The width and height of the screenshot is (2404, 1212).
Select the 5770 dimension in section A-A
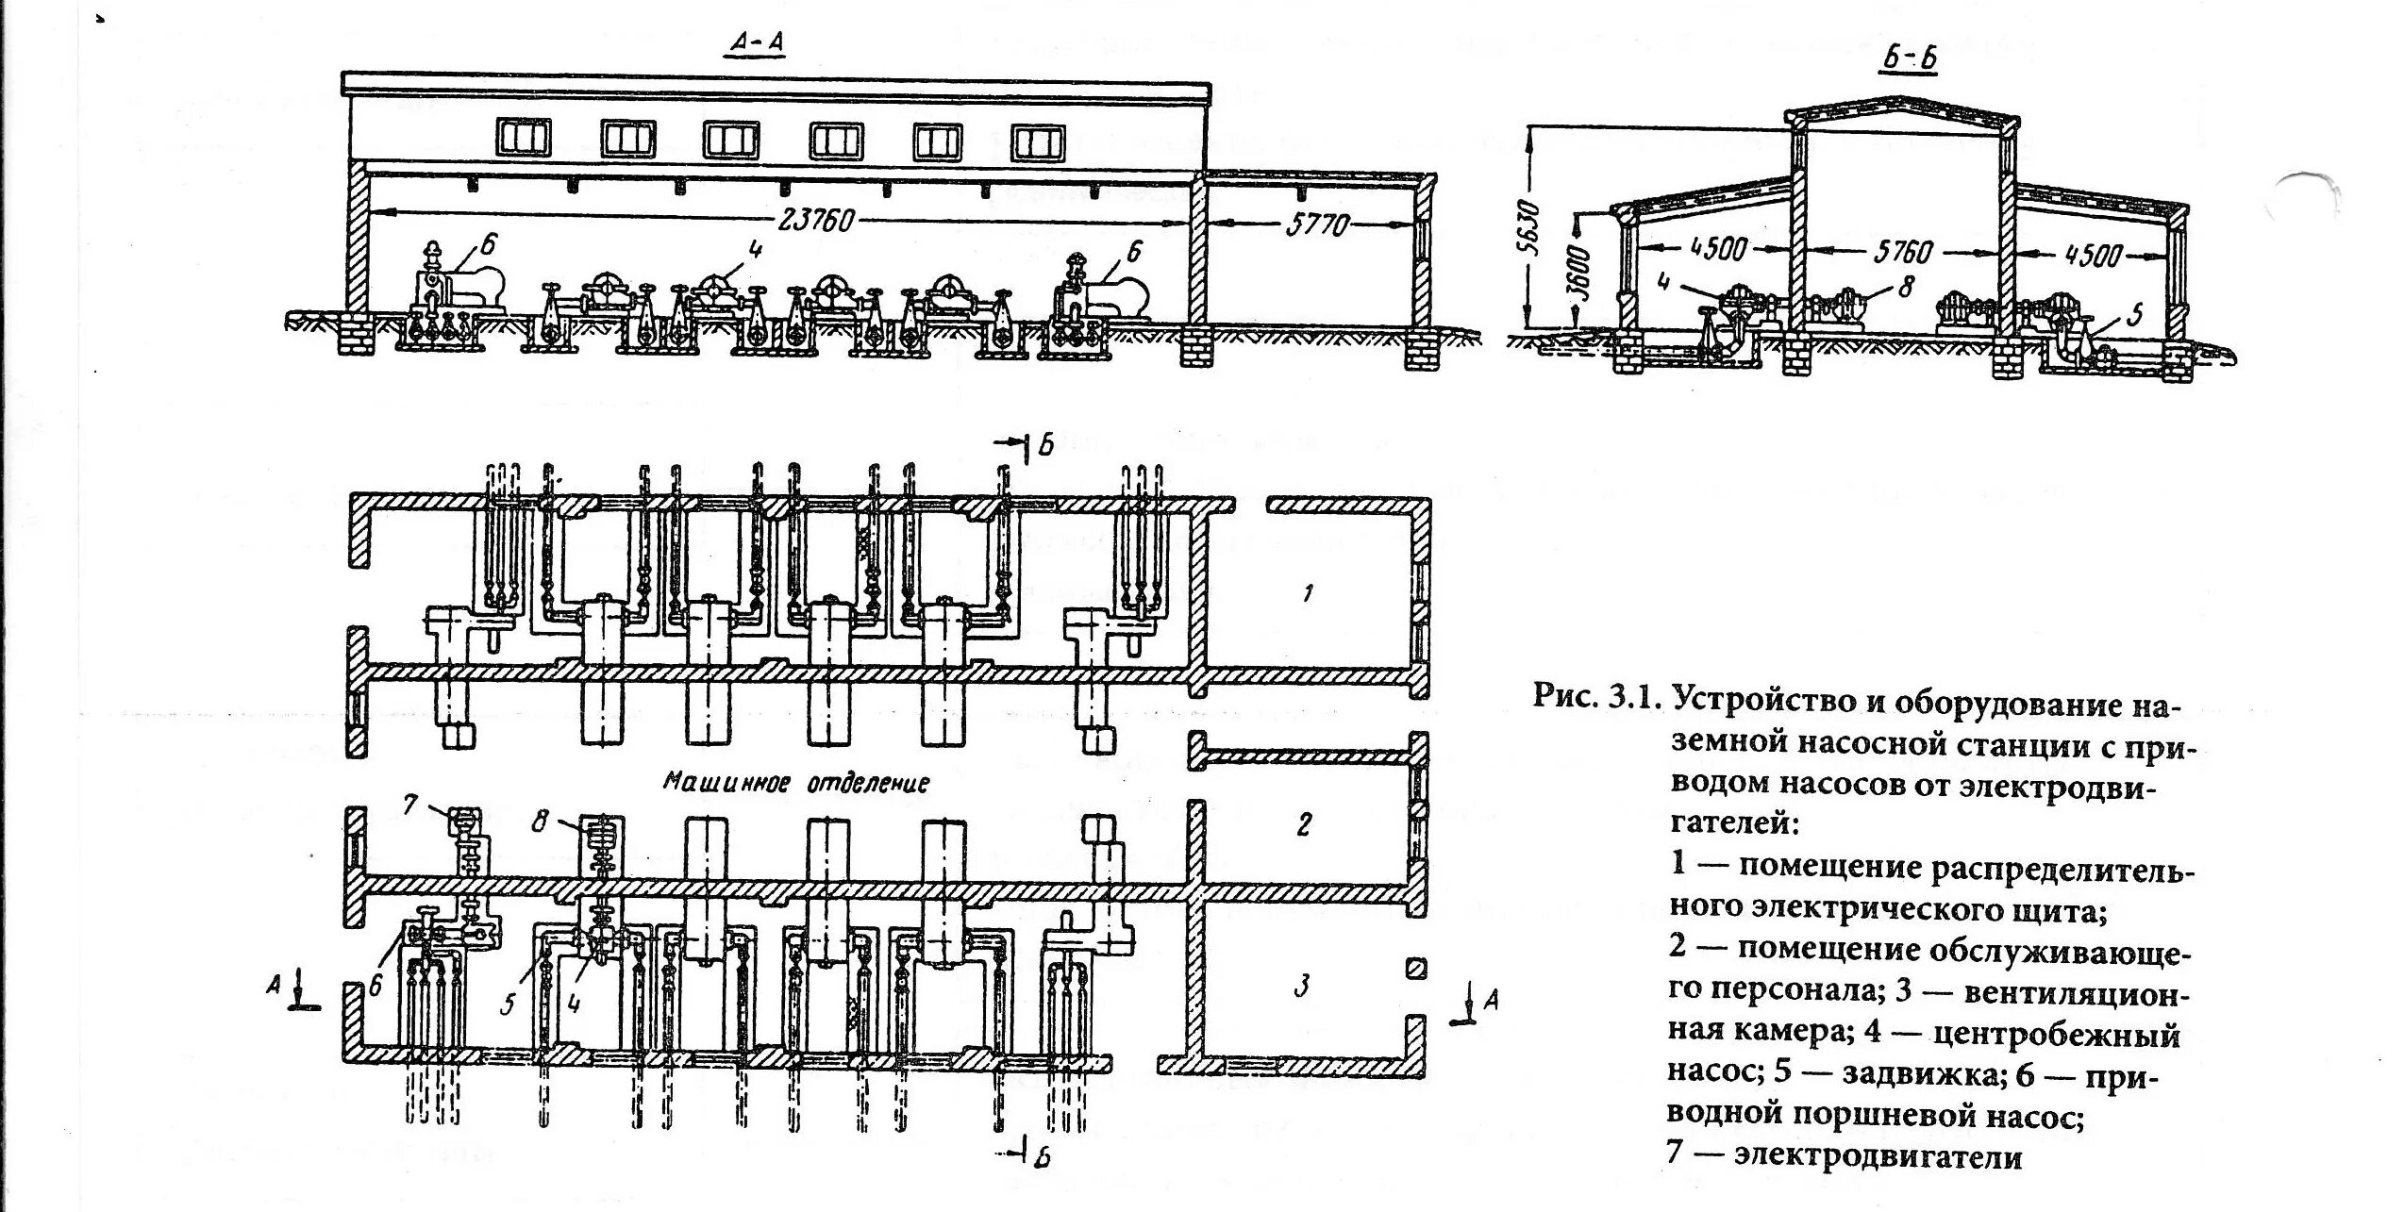(x=1312, y=224)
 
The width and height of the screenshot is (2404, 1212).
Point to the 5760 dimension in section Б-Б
(x=1904, y=251)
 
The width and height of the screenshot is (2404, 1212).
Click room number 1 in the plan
(x=1307, y=593)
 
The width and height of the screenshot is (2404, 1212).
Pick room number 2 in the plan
(x=1304, y=824)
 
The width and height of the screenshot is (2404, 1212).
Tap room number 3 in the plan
(x=1302, y=987)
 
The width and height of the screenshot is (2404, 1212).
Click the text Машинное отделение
(x=797, y=782)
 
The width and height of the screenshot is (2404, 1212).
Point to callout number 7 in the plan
(x=409, y=805)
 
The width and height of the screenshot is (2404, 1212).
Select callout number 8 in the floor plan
(x=539, y=821)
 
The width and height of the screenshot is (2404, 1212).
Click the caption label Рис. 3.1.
(x=1596, y=697)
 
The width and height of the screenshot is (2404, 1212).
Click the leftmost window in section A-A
(x=524, y=140)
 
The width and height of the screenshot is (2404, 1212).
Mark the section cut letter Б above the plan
(x=1044, y=445)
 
